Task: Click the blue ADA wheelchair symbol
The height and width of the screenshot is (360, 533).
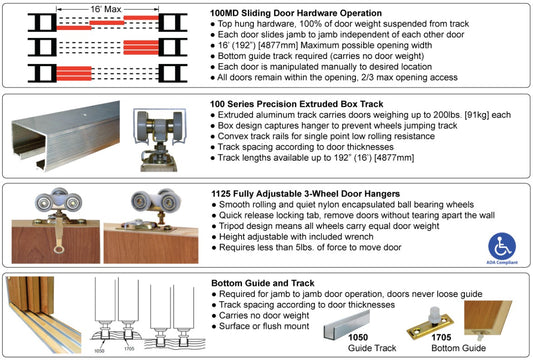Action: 502,246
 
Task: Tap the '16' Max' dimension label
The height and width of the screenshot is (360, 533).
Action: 106,9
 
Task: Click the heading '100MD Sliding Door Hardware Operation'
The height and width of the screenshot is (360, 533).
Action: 296,13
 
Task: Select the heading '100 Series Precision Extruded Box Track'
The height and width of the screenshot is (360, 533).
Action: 296,104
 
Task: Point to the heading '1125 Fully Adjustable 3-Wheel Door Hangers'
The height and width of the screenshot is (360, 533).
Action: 305,194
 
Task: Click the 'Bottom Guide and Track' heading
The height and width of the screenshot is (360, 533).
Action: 263,283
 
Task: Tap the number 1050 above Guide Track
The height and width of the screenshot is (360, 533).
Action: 358,337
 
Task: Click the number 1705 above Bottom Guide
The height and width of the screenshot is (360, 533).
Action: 441,337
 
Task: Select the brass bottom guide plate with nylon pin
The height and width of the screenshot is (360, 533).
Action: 430,322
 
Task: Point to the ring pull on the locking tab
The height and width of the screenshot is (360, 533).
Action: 59,250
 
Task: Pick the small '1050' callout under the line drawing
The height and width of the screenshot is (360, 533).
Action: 99,351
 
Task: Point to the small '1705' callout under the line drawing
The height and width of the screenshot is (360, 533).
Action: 129,348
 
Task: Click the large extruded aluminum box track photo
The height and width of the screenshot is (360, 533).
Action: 66,135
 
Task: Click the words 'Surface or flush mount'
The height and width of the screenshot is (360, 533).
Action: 264,326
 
